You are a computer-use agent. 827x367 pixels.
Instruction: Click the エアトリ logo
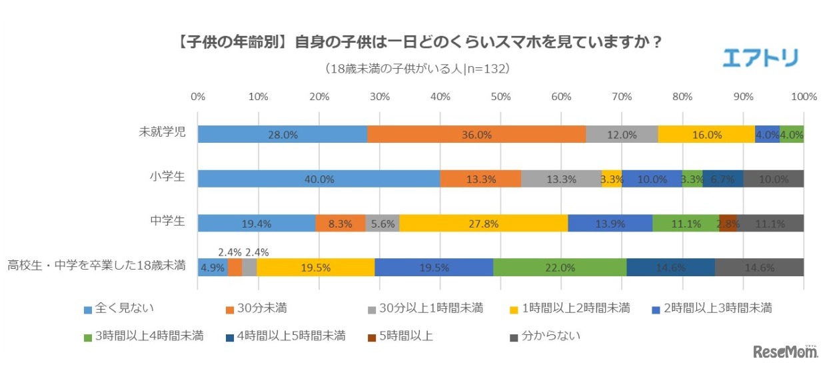(760, 58)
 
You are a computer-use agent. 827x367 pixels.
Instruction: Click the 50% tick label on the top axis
(500, 96)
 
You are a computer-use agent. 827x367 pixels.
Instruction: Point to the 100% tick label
(803, 96)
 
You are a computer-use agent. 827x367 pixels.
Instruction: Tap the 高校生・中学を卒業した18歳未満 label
(97, 267)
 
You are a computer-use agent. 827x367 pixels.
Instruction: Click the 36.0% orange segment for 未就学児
(476, 134)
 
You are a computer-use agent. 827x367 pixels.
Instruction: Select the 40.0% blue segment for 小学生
(319, 179)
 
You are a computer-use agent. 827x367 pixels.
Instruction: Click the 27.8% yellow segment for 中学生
(483, 223)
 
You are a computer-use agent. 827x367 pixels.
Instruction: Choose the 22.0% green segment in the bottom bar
(560, 267)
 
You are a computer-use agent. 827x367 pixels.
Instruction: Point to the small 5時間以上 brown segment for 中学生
(728, 223)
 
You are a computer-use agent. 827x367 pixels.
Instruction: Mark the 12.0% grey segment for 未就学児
(622, 134)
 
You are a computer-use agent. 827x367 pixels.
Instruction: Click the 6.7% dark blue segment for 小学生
(723, 179)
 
